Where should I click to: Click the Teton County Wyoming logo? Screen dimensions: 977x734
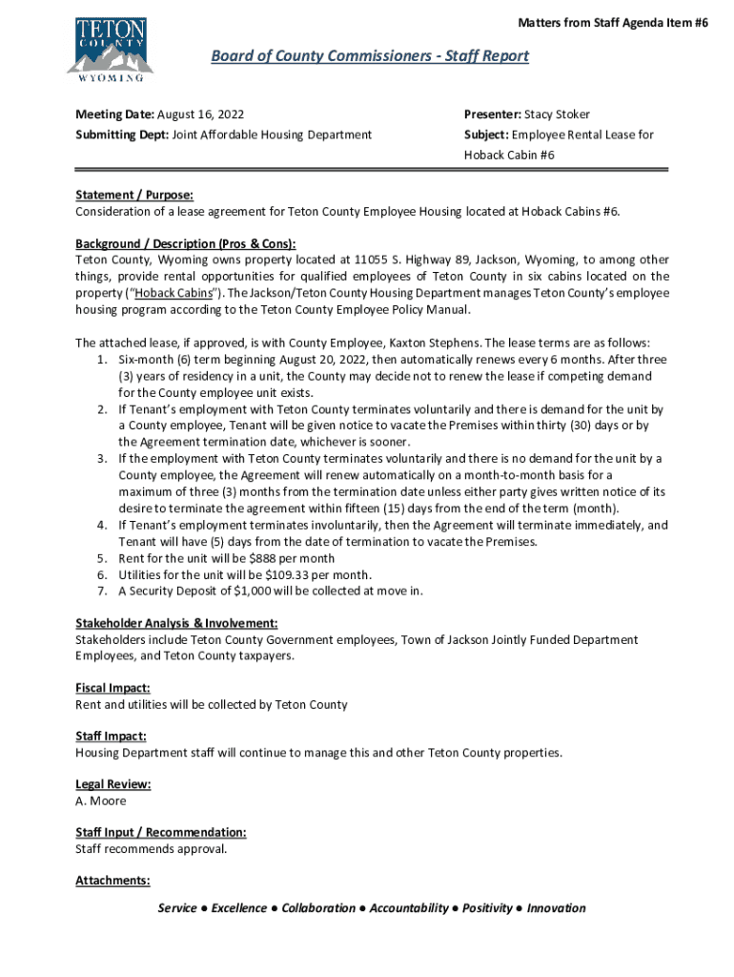point(110,46)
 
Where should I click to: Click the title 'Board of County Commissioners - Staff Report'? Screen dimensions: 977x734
point(369,56)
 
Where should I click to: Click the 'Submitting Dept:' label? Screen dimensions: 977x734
point(122,135)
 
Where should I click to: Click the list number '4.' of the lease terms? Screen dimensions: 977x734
point(101,525)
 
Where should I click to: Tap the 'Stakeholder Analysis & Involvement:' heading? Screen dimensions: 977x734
point(176,623)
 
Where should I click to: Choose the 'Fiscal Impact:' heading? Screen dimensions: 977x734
point(112,688)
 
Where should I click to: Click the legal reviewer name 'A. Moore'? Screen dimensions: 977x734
point(101,800)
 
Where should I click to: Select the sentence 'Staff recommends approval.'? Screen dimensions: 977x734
point(152,849)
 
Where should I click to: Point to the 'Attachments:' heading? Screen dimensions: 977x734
point(112,881)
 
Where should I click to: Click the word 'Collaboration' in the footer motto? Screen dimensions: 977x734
point(318,908)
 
